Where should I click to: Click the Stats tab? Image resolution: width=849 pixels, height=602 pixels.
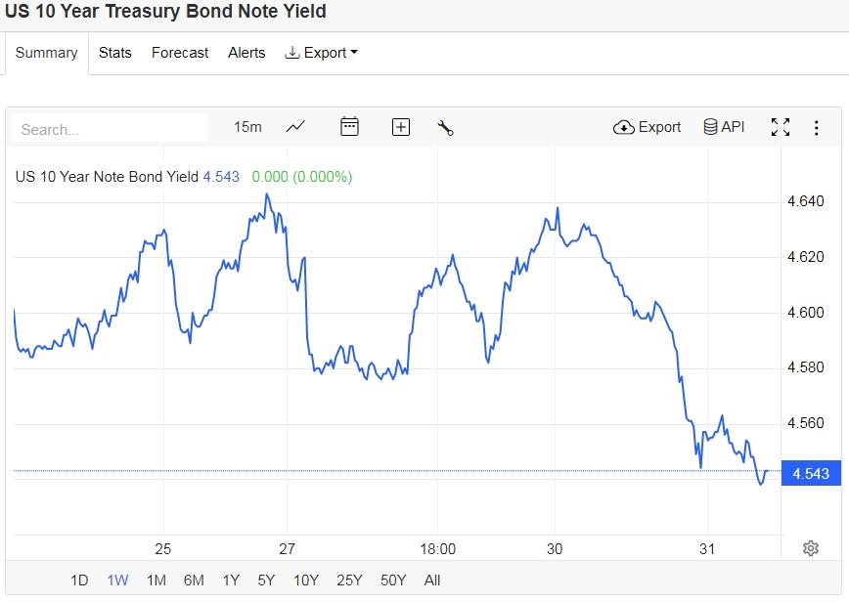115,53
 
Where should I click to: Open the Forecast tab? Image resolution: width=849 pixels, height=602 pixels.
180,53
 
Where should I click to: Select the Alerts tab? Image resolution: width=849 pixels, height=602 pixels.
246,53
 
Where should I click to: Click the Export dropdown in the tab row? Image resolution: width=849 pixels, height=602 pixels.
321,53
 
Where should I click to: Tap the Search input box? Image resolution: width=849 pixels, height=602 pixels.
110,129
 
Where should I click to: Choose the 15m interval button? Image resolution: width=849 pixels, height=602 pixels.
247,127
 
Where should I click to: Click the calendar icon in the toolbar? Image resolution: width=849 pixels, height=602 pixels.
349,127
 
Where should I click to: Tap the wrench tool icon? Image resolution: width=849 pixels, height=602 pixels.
445,127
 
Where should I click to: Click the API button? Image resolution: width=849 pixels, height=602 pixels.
724,127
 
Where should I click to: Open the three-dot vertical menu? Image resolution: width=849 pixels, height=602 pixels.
817,127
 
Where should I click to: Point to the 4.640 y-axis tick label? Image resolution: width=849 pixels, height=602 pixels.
806,202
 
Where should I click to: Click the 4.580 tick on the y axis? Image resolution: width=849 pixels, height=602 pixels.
806,367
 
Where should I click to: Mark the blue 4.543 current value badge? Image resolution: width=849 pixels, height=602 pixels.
810,473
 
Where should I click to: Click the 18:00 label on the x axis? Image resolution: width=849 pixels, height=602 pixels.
437,549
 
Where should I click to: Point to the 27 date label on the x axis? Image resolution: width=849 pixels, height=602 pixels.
287,549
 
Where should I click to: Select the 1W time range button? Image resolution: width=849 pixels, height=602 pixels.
117,580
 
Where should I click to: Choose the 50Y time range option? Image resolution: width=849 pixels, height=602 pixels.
393,580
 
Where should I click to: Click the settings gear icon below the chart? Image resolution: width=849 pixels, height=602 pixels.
810,548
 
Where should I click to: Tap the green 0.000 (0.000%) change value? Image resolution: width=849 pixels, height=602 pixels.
302,177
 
